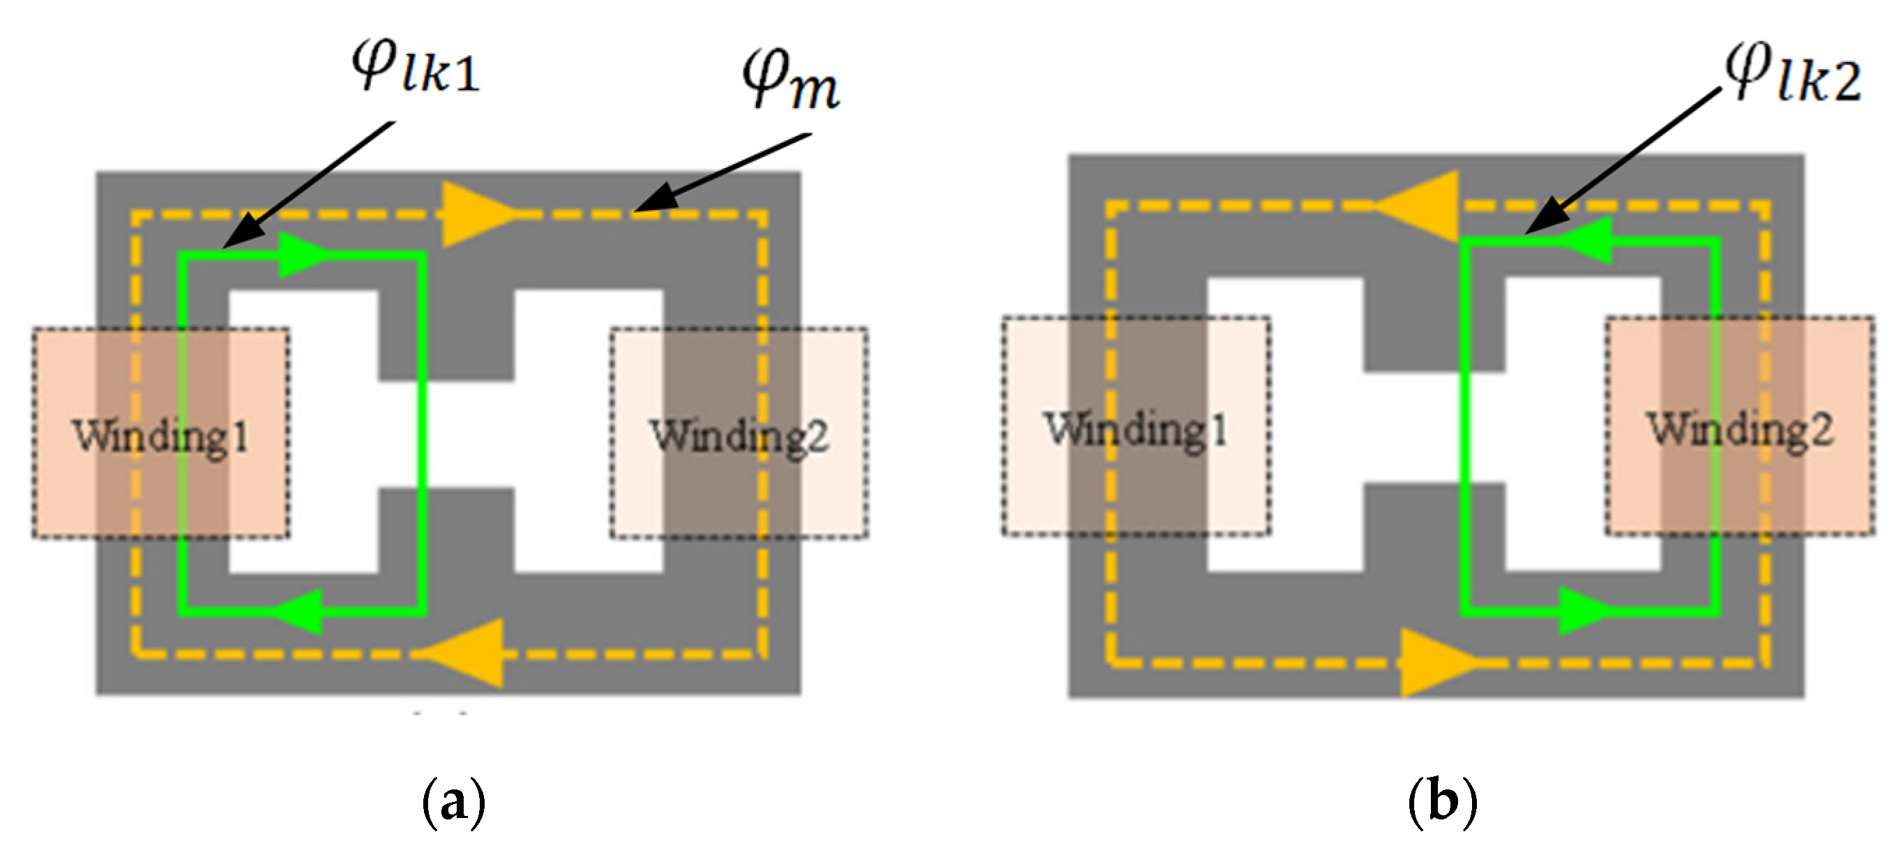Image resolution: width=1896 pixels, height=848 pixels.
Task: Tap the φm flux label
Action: point(790,79)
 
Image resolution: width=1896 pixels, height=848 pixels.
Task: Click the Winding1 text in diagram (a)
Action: point(160,436)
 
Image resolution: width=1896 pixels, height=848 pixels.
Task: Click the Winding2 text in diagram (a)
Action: point(739,436)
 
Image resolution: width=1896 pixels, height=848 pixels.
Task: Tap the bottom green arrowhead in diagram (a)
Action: point(302,611)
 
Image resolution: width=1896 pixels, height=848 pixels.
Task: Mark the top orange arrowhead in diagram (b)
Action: point(1420,207)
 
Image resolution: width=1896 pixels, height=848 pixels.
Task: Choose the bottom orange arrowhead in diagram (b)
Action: point(1435,662)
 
